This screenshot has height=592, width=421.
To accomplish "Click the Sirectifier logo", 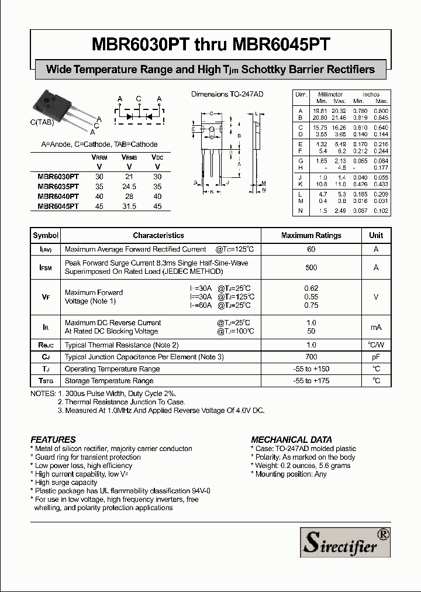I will [345, 542].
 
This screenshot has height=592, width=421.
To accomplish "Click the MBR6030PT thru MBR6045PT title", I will [210, 44].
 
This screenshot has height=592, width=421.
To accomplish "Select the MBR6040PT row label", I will [58, 197].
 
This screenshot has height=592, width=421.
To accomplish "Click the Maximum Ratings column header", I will [311, 235].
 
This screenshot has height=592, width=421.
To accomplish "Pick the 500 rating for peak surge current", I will [311, 267].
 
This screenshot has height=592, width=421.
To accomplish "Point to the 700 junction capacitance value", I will [311, 357].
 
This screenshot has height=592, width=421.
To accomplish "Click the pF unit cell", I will [376, 357].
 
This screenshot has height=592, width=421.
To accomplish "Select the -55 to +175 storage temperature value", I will [311, 381].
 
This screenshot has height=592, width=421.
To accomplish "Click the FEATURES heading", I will [53, 439].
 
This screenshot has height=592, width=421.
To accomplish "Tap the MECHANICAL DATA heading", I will [291, 439].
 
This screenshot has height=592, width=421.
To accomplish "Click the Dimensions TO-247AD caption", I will [227, 94].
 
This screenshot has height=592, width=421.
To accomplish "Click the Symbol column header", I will [46, 235].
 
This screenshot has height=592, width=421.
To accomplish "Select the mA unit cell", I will [376, 327].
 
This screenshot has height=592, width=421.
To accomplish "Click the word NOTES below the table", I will [43, 394].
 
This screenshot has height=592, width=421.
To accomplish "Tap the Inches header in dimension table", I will [371, 94].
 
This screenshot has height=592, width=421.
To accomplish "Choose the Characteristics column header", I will [158, 235].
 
